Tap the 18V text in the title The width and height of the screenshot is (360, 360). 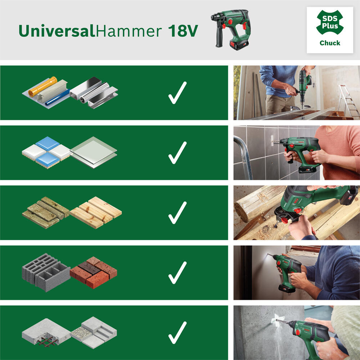[x=183, y=31]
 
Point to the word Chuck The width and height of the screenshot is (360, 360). [x=330, y=43]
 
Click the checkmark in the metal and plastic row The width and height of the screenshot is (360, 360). [x=177, y=93]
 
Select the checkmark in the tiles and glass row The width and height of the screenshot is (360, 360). [x=177, y=153]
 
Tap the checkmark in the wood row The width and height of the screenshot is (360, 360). [x=177, y=212]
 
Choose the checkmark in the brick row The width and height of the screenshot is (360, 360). [x=177, y=273]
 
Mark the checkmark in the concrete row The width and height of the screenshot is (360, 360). [x=177, y=332]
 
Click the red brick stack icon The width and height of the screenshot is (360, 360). [x=94, y=272]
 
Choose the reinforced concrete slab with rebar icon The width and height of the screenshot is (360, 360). [x=45, y=332]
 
